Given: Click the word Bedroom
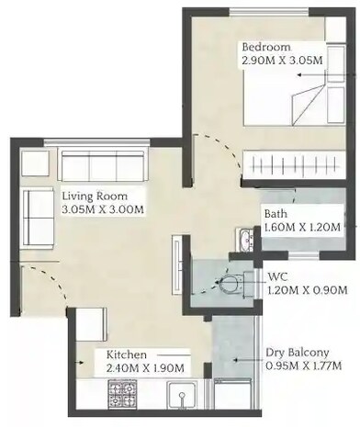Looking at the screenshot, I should (x=266, y=47).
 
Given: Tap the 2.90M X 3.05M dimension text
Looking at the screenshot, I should (x=282, y=61).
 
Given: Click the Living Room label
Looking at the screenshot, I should (x=95, y=196).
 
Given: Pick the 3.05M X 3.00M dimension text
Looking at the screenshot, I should (x=103, y=209).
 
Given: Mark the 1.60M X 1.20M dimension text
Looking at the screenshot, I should (x=302, y=227).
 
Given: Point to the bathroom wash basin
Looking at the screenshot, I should (x=244, y=240).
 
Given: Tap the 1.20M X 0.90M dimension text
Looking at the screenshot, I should (x=307, y=290).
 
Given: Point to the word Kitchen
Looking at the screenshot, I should (x=126, y=354).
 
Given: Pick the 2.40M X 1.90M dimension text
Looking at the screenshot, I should (x=145, y=368).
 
